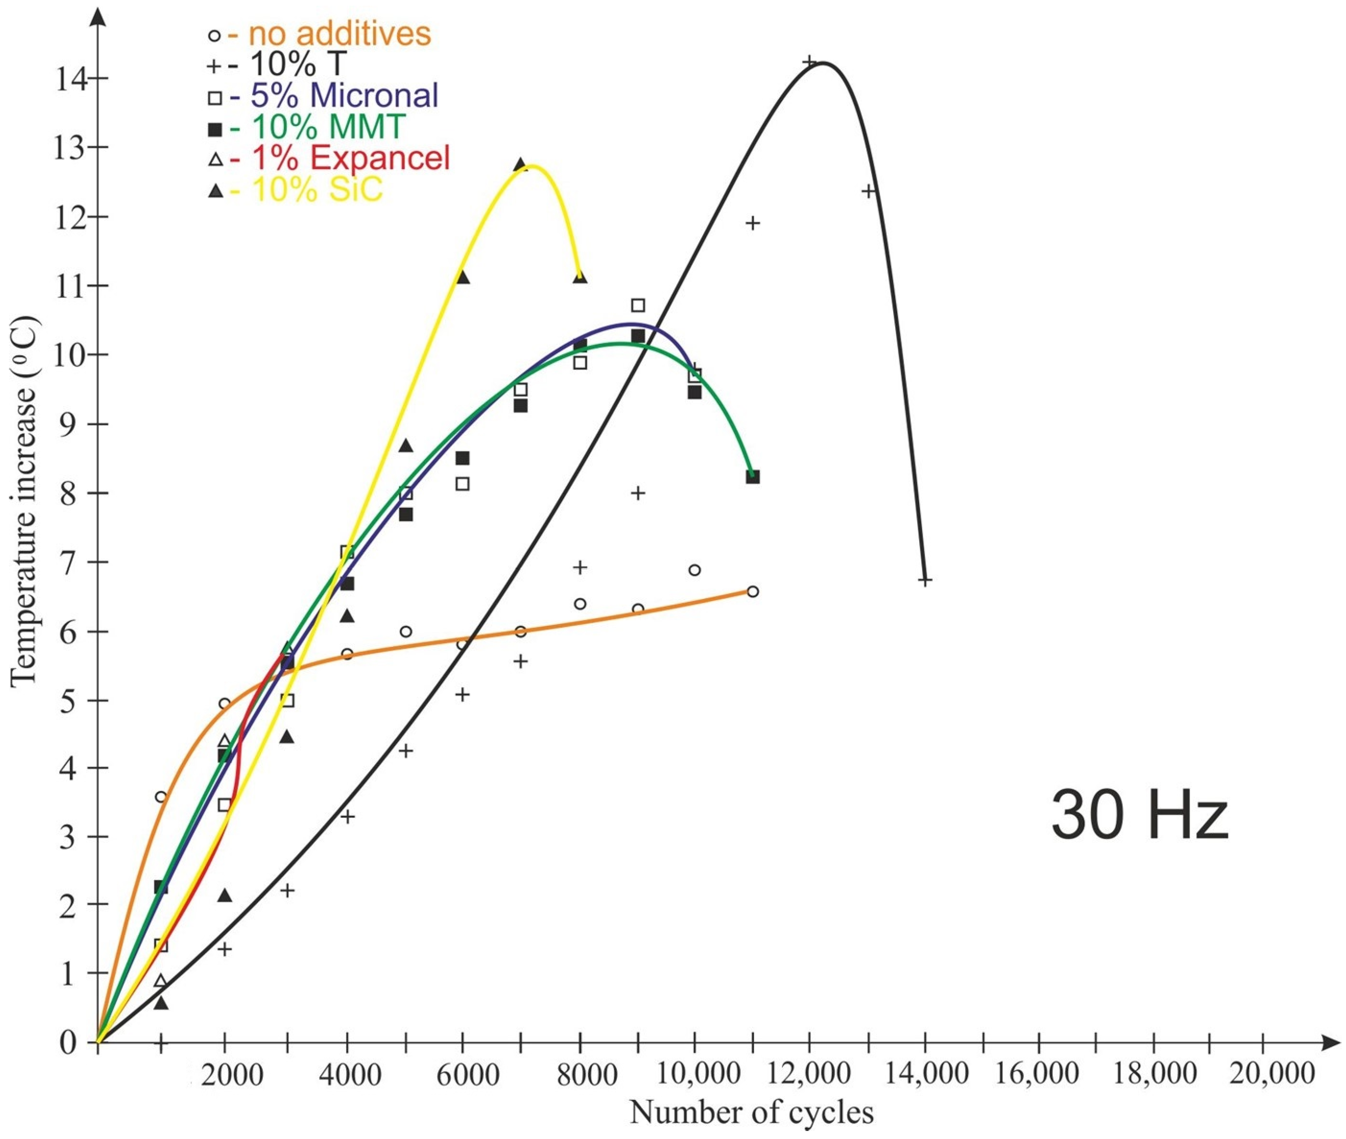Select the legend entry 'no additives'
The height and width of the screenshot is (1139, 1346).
click(340, 33)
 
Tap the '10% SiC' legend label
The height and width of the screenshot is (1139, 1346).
click(317, 190)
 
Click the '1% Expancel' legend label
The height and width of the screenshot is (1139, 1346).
click(349, 158)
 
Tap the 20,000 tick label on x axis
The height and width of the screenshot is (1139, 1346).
click(1272, 1074)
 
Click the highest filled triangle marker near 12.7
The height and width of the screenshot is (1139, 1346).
click(520, 165)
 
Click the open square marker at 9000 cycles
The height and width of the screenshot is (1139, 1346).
click(638, 305)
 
